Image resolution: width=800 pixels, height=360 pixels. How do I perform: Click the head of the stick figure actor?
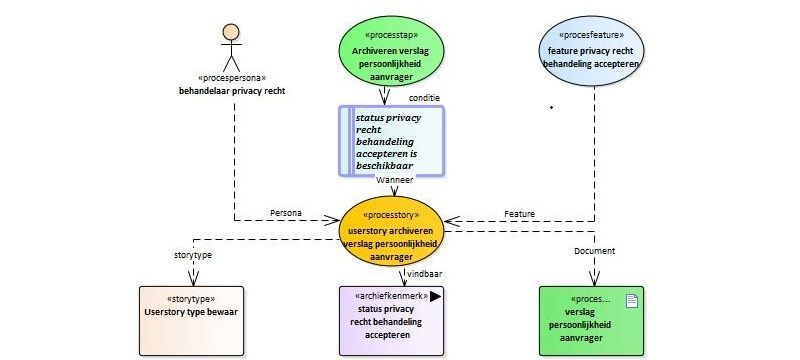[x=231, y=32]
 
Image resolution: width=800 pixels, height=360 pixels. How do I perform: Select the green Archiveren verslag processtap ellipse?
[x=391, y=51]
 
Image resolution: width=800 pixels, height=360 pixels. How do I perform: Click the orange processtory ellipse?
[x=391, y=231]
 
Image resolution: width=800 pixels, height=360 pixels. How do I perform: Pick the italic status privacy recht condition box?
[x=392, y=141]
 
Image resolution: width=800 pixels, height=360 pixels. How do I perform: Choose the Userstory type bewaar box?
[x=191, y=321]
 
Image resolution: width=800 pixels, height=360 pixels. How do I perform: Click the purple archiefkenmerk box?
[x=391, y=321]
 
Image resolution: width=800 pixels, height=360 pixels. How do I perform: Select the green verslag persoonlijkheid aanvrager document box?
[x=591, y=321]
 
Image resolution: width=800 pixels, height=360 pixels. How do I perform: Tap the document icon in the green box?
[x=632, y=301]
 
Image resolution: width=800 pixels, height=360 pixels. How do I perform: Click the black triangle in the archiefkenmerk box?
[x=435, y=296]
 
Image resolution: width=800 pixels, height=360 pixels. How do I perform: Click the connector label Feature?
[x=519, y=214]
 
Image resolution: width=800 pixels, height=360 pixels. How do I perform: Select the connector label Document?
[x=594, y=251]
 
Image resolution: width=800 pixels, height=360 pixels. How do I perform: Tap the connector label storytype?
[x=189, y=255]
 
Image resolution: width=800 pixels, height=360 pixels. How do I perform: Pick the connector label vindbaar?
[x=424, y=274]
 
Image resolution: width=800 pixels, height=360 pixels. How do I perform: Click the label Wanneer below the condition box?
[x=394, y=179]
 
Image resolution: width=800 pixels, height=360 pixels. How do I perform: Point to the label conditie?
[x=424, y=97]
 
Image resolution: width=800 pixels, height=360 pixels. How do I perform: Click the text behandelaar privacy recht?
[x=232, y=91]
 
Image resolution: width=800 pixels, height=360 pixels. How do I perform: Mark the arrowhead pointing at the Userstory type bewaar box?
[x=193, y=278]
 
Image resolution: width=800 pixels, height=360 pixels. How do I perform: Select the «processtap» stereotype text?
[x=392, y=35]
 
